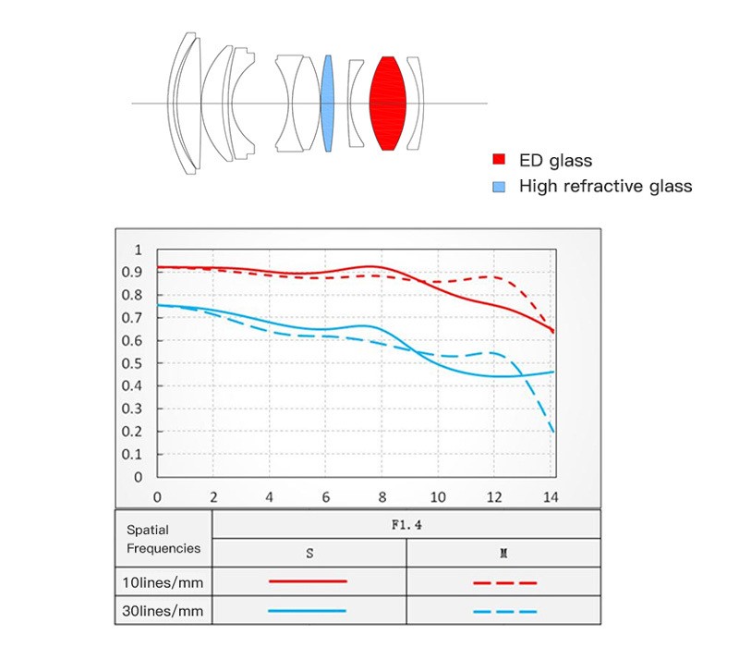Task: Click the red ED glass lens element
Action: pyautogui.click(x=388, y=103)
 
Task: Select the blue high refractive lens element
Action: pyautogui.click(x=326, y=103)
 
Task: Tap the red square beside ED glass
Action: pyautogui.click(x=499, y=161)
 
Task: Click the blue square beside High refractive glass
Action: pyautogui.click(x=499, y=187)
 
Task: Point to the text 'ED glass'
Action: pyautogui.click(x=555, y=161)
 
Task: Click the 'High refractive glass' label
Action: pyautogui.click(x=605, y=187)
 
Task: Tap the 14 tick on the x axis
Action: pyautogui.click(x=551, y=495)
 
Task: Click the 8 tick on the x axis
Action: pyautogui.click(x=382, y=495)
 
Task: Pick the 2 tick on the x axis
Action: pyautogui.click(x=213, y=495)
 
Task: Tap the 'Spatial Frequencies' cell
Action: pyautogui.click(x=164, y=539)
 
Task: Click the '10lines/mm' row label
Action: pyautogui.click(x=164, y=581)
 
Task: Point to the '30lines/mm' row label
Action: pyautogui.click(x=164, y=611)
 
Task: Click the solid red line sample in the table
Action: pyautogui.click(x=308, y=581)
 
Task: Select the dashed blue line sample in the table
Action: pyautogui.click(x=504, y=611)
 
